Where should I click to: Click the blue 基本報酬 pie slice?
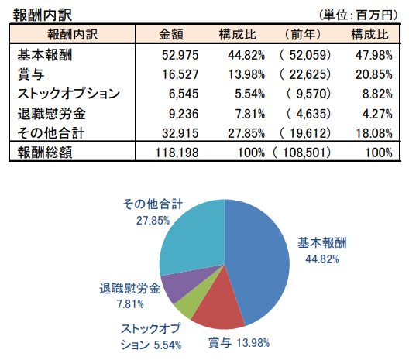pyautogui.click(x=257, y=263)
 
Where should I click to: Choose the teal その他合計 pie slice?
pyautogui.click(x=193, y=237)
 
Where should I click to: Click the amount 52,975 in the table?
pyautogui.click(x=180, y=55)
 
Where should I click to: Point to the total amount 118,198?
pyautogui.click(x=177, y=153)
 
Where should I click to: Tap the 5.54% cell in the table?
pyautogui.click(x=249, y=94)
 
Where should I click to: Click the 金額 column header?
pyautogui.click(x=171, y=34)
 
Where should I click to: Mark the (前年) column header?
pyautogui.click(x=303, y=34)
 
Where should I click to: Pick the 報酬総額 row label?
pyautogui.click(x=45, y=153)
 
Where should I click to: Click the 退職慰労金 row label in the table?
pyautogui.click(x=51, y=114)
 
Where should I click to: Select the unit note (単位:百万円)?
pyautogui.click(x=359, y=15)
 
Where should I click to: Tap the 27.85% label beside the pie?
pyautogui.click(x=153, y=221)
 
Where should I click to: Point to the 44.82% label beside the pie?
pyautogui.click(x=322, y=259)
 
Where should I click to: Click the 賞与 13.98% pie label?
pyautogui.click(x=239, y=342)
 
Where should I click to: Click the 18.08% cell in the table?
pyautogui.click(x=374, y=133)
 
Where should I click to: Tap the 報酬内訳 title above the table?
pyautogui.click(x=43, y=15)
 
